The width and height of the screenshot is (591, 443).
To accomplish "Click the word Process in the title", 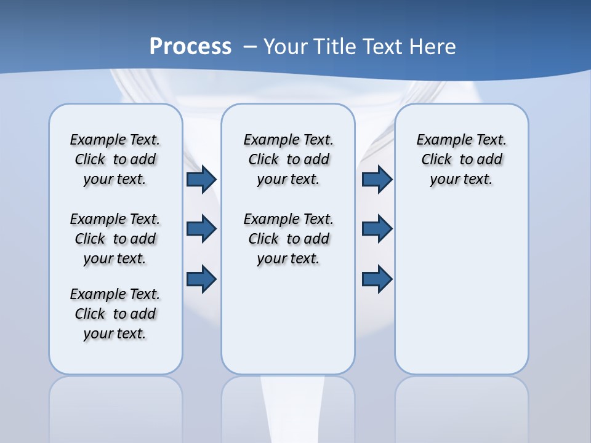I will click(x=190, y=47).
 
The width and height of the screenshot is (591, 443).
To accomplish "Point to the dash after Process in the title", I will click(x=249, y=47).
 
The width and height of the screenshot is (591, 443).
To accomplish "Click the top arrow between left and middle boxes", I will click(x=201, y=180).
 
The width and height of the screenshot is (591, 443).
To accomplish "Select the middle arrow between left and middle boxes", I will click(x=201, y=229).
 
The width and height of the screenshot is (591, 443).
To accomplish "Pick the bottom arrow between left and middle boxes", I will click(x=201, y=279).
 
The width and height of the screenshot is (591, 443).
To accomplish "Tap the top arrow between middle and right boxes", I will click(x=377, y=180).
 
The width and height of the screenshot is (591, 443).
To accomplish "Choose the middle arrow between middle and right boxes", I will click(x=377, y=229).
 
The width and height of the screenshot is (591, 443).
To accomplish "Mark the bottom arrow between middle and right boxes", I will click(x=377, y=279).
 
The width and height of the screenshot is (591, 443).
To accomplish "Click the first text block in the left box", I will click(x=115, y=159).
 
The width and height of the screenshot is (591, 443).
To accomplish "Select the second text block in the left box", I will click(x=115, y=239).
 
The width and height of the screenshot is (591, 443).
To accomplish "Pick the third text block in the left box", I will click(x=115, y=314).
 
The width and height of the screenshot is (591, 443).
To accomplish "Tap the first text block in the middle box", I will click(x=288, y=159).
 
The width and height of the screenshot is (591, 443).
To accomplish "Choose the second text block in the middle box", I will click(x=288, y=239).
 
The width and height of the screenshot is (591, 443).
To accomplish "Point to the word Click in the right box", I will click(x=436, y=160).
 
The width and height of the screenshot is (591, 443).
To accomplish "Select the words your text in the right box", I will click(x=461, y=180).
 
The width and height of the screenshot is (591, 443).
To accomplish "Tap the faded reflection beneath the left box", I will click(x=116, y=406).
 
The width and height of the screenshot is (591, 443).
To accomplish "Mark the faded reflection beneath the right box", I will click(x=462, y=406).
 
